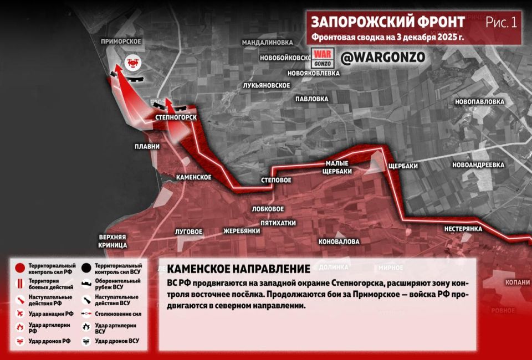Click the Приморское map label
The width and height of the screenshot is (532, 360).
tap(121, 42)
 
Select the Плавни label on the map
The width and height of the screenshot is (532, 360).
tap(147, 147)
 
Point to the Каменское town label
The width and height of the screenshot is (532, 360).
tap(193, 177)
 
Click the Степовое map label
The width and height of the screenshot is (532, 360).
tap(276, 181)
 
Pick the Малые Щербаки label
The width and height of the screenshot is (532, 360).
tap(337, 167)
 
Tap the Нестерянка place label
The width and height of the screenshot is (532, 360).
tap(463, 229)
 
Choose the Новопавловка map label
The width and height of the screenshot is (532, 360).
tap(479, 102)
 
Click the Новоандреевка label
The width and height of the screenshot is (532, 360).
tap(478, 165)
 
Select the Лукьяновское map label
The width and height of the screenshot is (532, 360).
tap(267, 85)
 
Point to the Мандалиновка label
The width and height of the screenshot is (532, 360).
tap(267, 42)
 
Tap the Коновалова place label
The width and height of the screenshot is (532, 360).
tap(339, 242)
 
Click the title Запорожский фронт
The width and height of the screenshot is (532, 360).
tap(388, 22)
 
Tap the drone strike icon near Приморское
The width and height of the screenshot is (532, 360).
tap(133, 63)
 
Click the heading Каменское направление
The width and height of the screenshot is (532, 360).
tap(238, 270)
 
